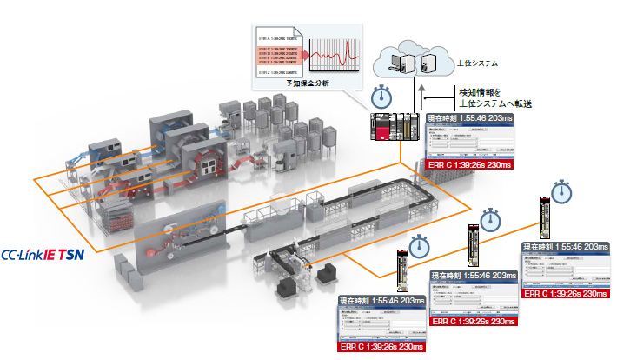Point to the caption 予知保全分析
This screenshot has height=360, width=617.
tap(298, 83)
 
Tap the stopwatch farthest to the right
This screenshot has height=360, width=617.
tap(564, 190)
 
